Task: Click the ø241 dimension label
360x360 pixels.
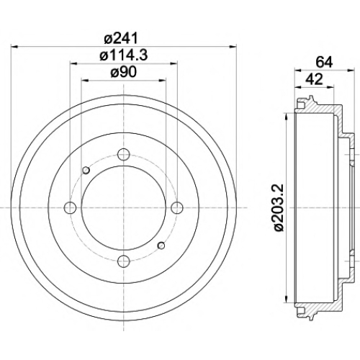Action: click(x=122, y=38)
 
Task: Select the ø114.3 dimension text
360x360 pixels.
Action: click(x=123, y=55)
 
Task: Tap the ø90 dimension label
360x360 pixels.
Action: click(x=123, y=72)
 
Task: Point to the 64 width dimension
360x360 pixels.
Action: click(x=324, y=63)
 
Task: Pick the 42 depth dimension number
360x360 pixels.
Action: click(x=315, y=79)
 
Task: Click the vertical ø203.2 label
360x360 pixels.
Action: click(x=279, y=207)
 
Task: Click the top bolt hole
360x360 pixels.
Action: click(x=124, y=154)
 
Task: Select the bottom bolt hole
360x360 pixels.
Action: click(x=124, y=261)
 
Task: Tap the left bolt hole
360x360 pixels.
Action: click(x=71, y=207)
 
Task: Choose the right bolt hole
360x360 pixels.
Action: click(x=177, y=207)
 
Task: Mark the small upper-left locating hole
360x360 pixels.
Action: click(x=86, y=170)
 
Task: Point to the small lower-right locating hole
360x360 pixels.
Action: click(x=161, y=246)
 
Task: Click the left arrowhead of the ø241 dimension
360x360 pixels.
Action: click(x=15, y=47)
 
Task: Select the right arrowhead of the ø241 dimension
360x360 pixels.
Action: click(x=233, y=47)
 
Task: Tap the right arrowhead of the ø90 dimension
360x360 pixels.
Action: click(x=163, y=80)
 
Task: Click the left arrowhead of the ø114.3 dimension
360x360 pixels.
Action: click(x=73, y=63)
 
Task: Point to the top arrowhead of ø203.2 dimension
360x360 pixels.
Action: click(x=287, y=117)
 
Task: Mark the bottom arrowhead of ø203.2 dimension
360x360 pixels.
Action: click(x=287, y=298)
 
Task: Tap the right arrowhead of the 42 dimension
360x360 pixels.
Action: click(x=330, y=86)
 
